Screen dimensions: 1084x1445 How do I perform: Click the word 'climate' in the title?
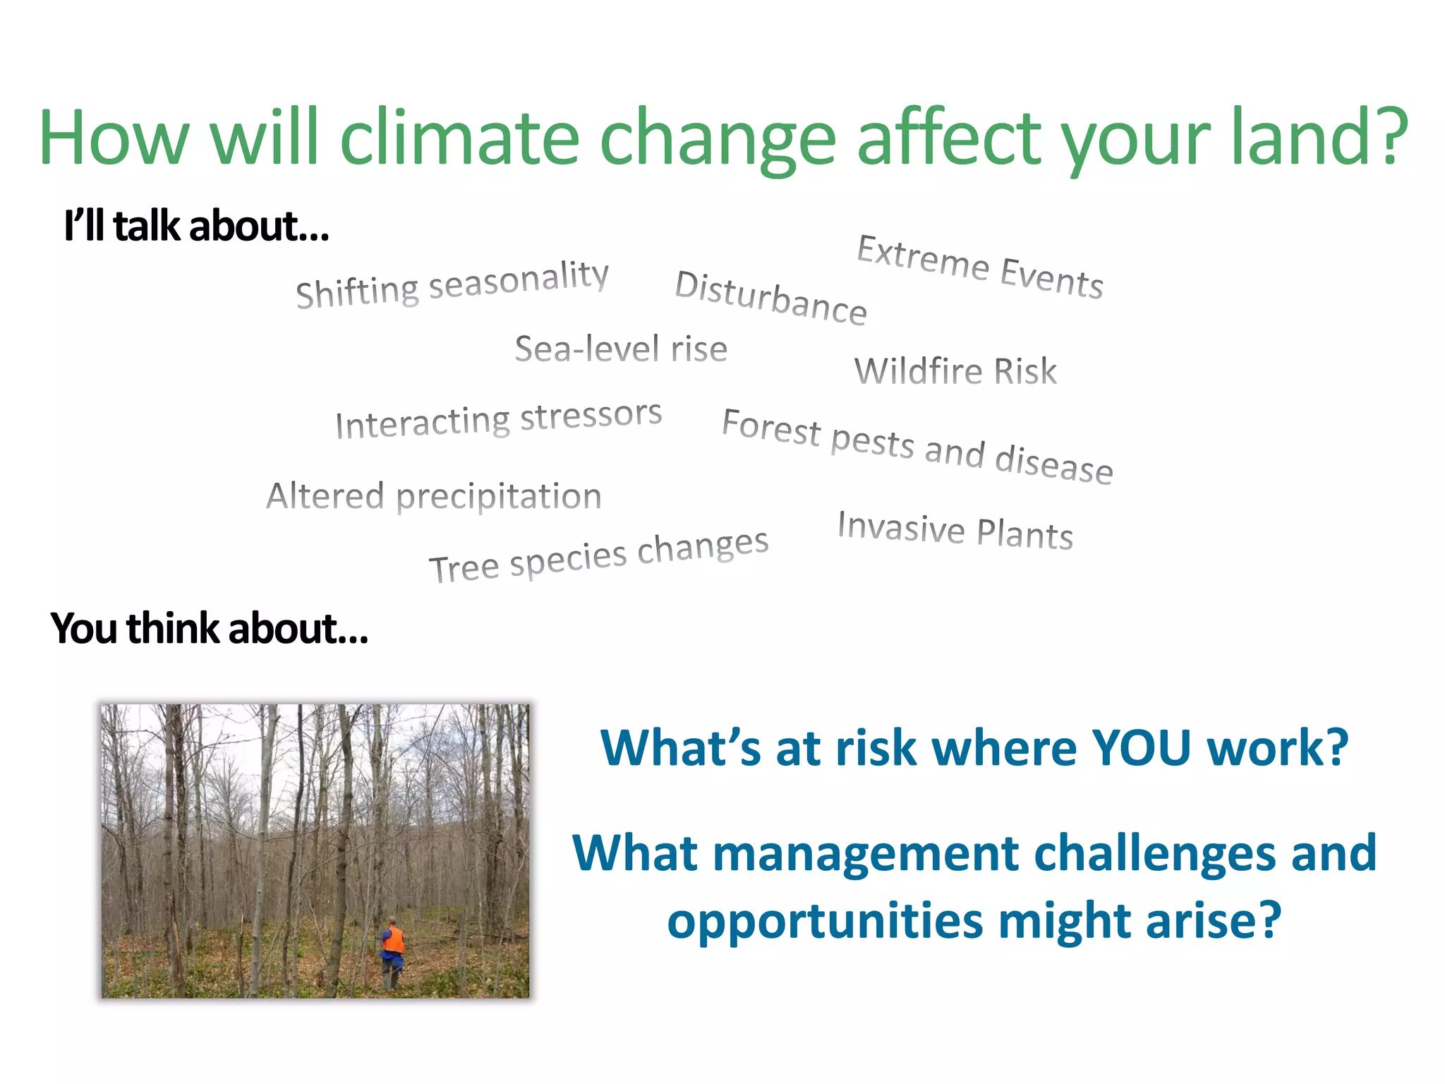[459, 137]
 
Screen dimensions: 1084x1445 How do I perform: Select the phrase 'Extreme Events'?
[980, 266]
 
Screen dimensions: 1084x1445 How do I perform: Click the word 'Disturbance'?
[770, 297]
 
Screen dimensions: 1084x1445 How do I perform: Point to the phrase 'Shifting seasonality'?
[452, 284]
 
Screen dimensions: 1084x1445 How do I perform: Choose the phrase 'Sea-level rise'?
[621, 349]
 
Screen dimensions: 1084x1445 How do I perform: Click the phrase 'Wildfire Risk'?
[955, 371]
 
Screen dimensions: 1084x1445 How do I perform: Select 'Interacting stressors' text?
[498, 420]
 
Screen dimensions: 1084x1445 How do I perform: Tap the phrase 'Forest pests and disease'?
[917, 446]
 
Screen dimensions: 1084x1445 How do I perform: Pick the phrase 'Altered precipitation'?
[433, 495]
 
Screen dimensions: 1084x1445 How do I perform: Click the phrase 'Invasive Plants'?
[955, 530]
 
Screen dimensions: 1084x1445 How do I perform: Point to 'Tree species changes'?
[598, 556]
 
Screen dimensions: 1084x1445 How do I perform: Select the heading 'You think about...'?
[209, 628]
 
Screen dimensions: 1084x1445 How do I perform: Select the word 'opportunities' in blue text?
[825, 921]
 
